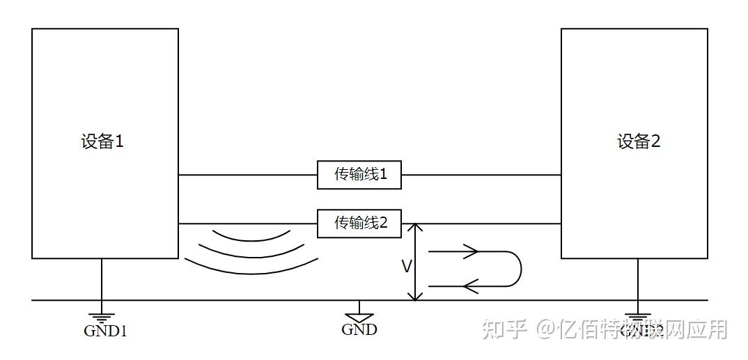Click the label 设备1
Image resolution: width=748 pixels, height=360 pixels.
point(102,142)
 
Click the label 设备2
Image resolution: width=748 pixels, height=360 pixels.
point(638,142)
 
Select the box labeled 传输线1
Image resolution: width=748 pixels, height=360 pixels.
point(359,175)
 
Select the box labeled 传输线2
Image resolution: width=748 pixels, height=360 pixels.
point(359,224)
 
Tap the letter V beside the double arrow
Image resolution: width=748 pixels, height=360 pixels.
point(406,266)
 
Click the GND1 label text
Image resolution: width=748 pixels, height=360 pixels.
point(105,331)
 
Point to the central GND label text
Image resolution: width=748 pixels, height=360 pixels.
point(359,329)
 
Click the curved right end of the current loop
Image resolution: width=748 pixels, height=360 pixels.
point(520,269)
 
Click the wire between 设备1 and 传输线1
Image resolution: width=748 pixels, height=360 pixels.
point(247,175)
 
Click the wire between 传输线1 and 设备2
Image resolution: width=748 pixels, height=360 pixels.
point(481,175)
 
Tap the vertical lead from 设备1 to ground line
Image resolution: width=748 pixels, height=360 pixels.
point(102,279)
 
